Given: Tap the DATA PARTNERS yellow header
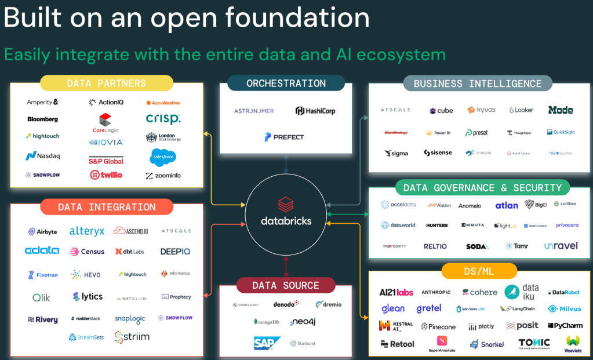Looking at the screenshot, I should (107, 83).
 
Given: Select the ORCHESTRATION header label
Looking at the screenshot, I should (286, 83).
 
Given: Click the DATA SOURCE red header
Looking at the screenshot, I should (285, 285).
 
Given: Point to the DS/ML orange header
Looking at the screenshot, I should (479, 271).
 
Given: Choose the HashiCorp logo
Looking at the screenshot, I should (315, 111).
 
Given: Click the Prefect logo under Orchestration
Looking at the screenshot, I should (284, 137).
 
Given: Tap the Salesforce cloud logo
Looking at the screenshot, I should (163, 157).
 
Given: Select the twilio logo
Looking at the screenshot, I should (106, 174).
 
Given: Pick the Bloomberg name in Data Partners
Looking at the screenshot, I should (42, 119).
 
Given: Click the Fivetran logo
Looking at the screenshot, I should (42, 275).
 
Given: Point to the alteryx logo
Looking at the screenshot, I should (87, 231).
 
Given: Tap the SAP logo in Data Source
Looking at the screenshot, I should (267, 343).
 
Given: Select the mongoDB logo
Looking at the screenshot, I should (267, 321).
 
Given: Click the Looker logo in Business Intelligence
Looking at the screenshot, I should (521, 110).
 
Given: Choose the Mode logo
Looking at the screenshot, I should (561, 110).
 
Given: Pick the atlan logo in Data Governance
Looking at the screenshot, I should (507, 205).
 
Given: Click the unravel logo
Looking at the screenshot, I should (561, 246).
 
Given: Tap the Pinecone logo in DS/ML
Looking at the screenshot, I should (439, 326).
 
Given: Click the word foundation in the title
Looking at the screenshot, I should (297, 17).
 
